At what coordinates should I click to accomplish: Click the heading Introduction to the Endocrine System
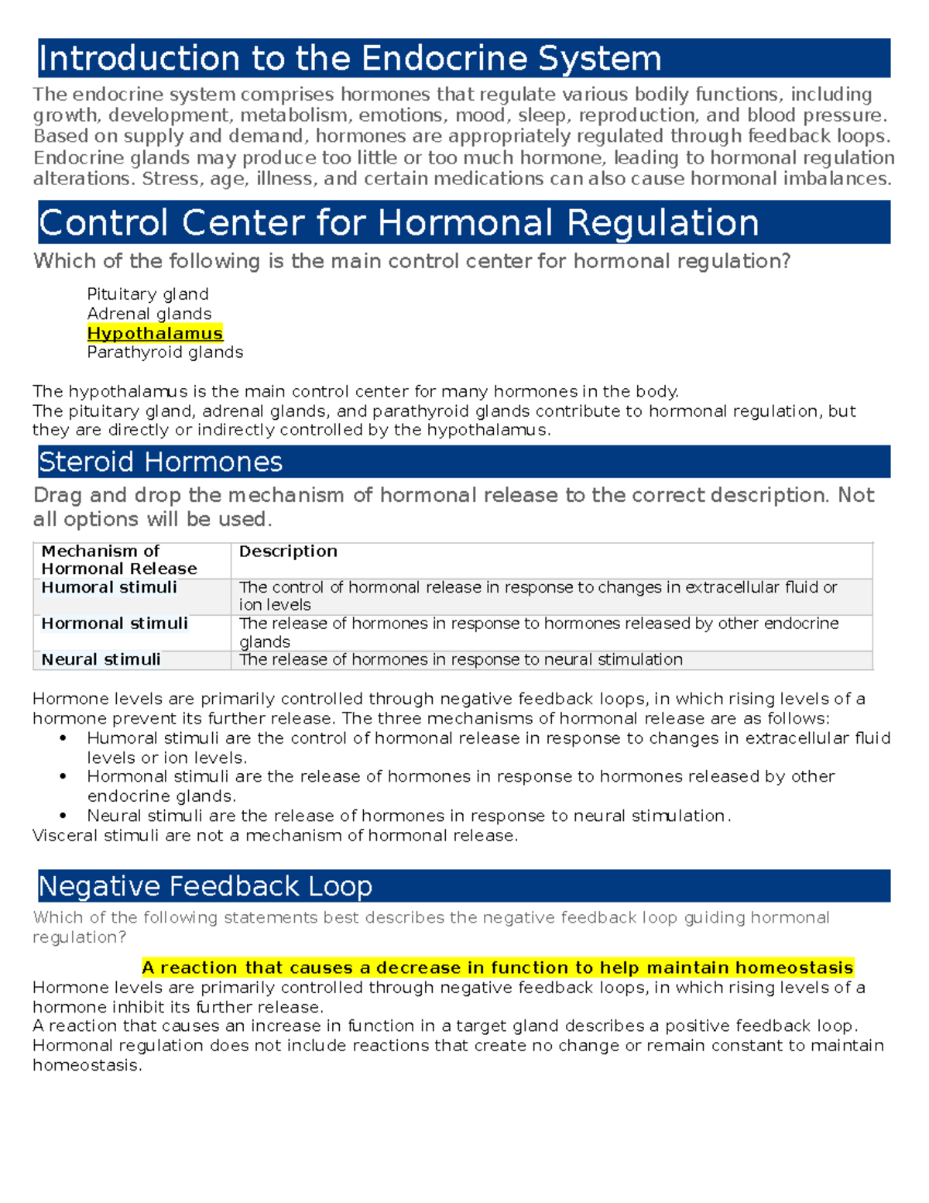[x=350, y=59]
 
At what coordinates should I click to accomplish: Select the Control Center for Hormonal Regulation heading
[x=399, y=223]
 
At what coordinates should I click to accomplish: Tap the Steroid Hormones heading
[x=160, y=462]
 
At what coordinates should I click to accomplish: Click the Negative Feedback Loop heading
[x=205, y=886]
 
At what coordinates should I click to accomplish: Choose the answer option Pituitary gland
[x=148, y=294]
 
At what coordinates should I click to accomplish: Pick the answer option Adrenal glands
[x=149, y=314]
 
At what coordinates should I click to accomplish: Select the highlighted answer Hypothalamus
[x=155, y=333]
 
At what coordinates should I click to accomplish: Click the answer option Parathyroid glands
[x=165, y=352]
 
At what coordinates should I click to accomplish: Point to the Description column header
[x=288, y=552]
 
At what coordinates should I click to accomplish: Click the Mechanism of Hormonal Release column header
[x=118, y=560]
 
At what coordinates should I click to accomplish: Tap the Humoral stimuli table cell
[x=109, y=588]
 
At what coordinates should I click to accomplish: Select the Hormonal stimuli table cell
[x=115, y=624]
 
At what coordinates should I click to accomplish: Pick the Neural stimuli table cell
[x=101, y=660]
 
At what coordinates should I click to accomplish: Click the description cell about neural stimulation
[x=461, y=660]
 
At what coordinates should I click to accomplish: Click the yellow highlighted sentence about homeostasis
[x=497, y=968]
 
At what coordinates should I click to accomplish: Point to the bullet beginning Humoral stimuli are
[x=488, y=738]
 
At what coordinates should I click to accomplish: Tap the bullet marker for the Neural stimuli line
[x=63, y=816]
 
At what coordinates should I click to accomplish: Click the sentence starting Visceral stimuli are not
[x=275, y=836]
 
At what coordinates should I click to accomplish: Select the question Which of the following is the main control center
[x=411, y=261]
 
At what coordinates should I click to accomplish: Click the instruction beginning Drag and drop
[x=453, y=496]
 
